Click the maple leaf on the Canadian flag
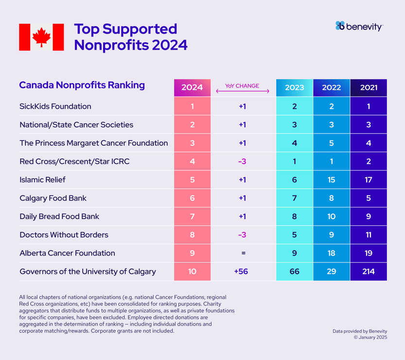point(41,37)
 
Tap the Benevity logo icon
point(340,26)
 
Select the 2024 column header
point(192,88)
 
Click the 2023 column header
point(294,88)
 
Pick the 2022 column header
point(331,88)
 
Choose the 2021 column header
point(369,88)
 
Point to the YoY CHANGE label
point(242,86)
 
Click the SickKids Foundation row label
point(55,106)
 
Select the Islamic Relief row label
point(42,180)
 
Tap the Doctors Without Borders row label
point(64,235)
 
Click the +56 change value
point(241,272)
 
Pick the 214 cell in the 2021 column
point(369,272)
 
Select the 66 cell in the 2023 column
point(294,272)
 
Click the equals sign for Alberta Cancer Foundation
point(243,253)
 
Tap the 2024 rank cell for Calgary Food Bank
point(192,198)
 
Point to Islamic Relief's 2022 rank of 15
point(331,180)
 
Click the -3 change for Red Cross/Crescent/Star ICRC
point(242,161)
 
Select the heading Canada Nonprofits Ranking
point(82,85)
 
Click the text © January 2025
point(370,337)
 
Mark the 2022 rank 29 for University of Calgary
point(331,272)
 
